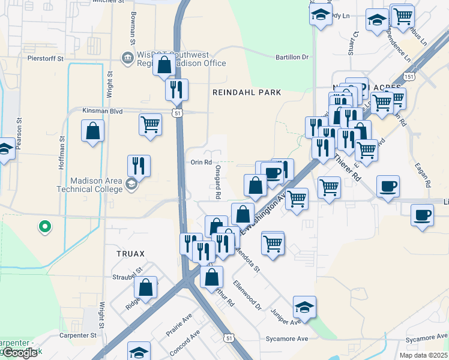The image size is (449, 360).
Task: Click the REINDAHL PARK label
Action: coord(247,92)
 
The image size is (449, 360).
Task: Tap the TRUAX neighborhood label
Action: coord(130,254)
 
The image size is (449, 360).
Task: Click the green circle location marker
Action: coord(44,227)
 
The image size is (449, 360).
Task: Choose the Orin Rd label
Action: coord(201,163)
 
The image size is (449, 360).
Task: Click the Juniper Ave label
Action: coord(286,317)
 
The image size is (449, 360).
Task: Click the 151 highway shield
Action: coord(409,77)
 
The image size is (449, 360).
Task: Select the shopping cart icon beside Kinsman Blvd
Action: coord(150,125)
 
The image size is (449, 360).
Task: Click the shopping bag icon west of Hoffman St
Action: coord(93,131)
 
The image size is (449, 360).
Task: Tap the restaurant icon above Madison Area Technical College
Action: coord(139,165)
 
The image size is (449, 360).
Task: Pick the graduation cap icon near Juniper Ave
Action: coord(305,307)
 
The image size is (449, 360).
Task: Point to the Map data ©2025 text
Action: coord(423,355)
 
